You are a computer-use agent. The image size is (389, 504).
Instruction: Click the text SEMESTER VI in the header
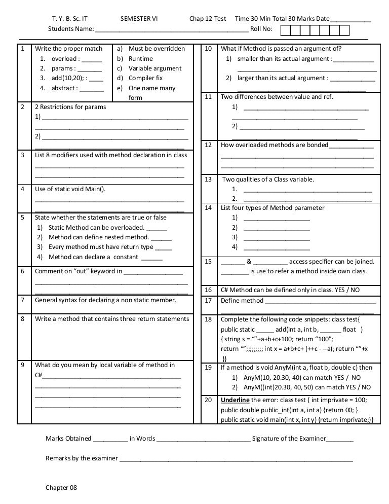point(139,19)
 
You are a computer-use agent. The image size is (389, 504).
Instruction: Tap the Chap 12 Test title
point(208,19)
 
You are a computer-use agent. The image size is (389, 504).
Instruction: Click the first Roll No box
point(285,29)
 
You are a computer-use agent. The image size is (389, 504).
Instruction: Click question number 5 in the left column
point(23,218)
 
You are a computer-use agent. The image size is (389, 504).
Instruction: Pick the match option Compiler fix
point(145,78)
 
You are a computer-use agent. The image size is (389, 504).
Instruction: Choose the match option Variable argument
point(154,68)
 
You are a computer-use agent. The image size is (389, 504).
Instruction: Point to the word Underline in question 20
point(235,400)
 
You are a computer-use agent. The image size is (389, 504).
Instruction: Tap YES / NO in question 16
point(348,290)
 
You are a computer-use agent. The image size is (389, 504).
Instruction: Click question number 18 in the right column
point(208,319)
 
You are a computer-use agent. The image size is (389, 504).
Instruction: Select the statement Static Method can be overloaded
point(97,227)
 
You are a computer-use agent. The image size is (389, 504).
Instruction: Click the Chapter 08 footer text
point(61,487)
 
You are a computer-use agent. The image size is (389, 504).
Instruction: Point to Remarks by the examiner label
point(82,458)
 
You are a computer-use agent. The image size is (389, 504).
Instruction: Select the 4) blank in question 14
point(276,247)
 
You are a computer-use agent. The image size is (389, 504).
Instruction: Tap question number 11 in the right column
point(208,97)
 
